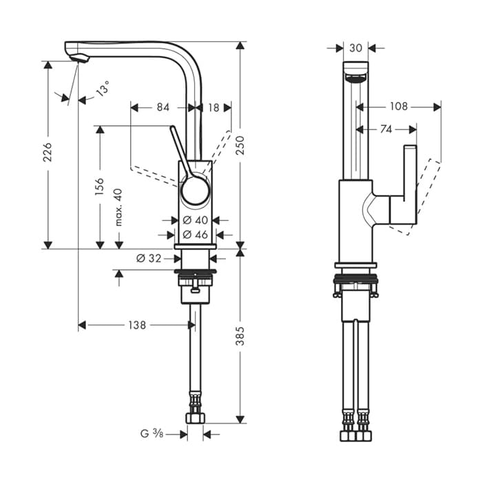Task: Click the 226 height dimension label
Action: pyautogui.click(x=48, y=152)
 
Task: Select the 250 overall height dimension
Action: pyautogui.click(x=240, y=145)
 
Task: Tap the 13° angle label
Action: pyautogui.click(x=103, y=87)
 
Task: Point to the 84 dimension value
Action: pyautogui.click(x=163, y=107)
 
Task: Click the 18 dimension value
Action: pyautogui.click(x=213, y=107)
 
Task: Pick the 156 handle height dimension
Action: pyautogui.click(x=100, y=187)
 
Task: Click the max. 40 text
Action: pyautogui.click(x=118, y=207)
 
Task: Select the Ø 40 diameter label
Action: pyautogui.click(x=195, y=220)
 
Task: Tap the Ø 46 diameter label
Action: pyautogui.click(x=195, y=235)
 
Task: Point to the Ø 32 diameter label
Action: pyautogui.click(x=149, y=258)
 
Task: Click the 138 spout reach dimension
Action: pyautogui.click(x=137, y=325)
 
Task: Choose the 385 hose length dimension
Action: pyautogui.click(x=240, y=336)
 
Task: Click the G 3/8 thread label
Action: pyautogui.click(x=152, y=434)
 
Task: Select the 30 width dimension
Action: pyautogui.click(x=356, y=48)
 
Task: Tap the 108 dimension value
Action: pyautogui.click(x=399, y=106)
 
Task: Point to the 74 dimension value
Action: pyautogui.click(x=386, y=129)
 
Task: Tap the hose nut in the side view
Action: pyautogui.click(x=195, y=419)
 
